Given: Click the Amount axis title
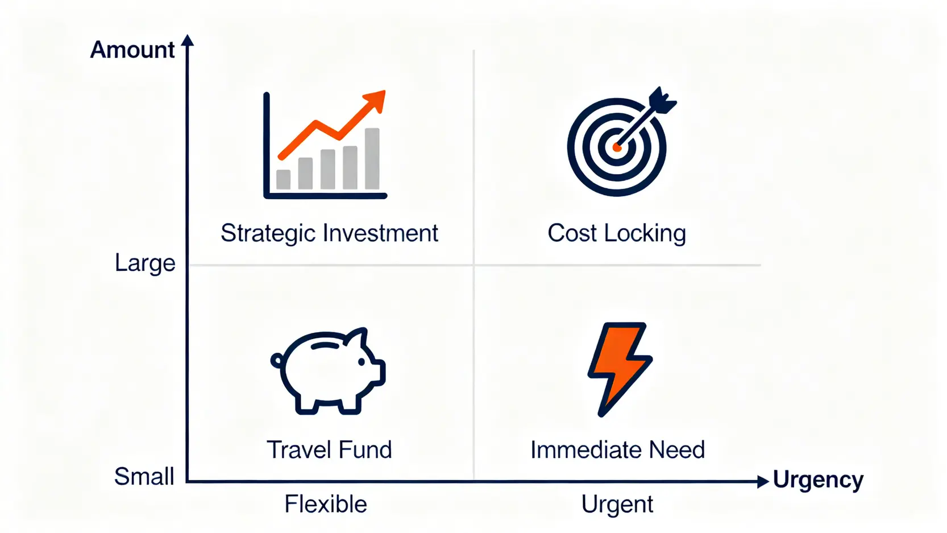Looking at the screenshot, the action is coord(132,50).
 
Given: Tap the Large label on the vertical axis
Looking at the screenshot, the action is coord(145,263).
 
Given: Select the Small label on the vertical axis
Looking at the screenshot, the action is coord(144,476).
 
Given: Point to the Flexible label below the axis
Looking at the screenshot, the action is coord(326,504).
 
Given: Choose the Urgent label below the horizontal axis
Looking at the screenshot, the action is coord(617,504).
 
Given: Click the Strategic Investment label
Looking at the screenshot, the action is coord(329,233).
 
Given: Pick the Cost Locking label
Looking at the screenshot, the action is coord(617,233).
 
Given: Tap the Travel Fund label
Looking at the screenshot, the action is coord(329,449).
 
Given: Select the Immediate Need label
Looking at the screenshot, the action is coord(618,449).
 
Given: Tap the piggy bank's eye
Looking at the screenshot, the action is coord(362,362).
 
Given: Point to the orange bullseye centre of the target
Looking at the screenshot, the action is coord(617,148).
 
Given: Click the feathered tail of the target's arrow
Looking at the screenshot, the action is coord(662,101).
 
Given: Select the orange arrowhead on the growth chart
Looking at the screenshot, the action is coord(375,101).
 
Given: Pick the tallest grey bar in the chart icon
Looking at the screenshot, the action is coord(372,159).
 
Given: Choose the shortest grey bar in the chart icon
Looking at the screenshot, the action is coord(283,179).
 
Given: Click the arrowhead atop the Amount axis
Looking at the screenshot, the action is coord(187,40).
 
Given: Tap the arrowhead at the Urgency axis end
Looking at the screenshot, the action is coord(763,481).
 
